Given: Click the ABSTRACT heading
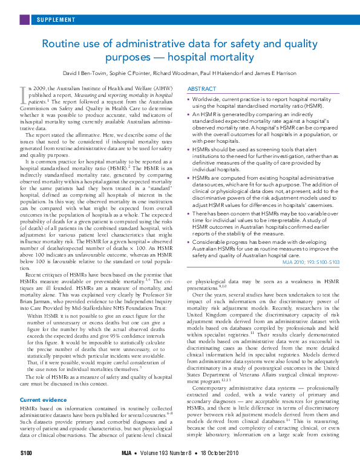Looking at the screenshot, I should [x=201, y=88].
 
